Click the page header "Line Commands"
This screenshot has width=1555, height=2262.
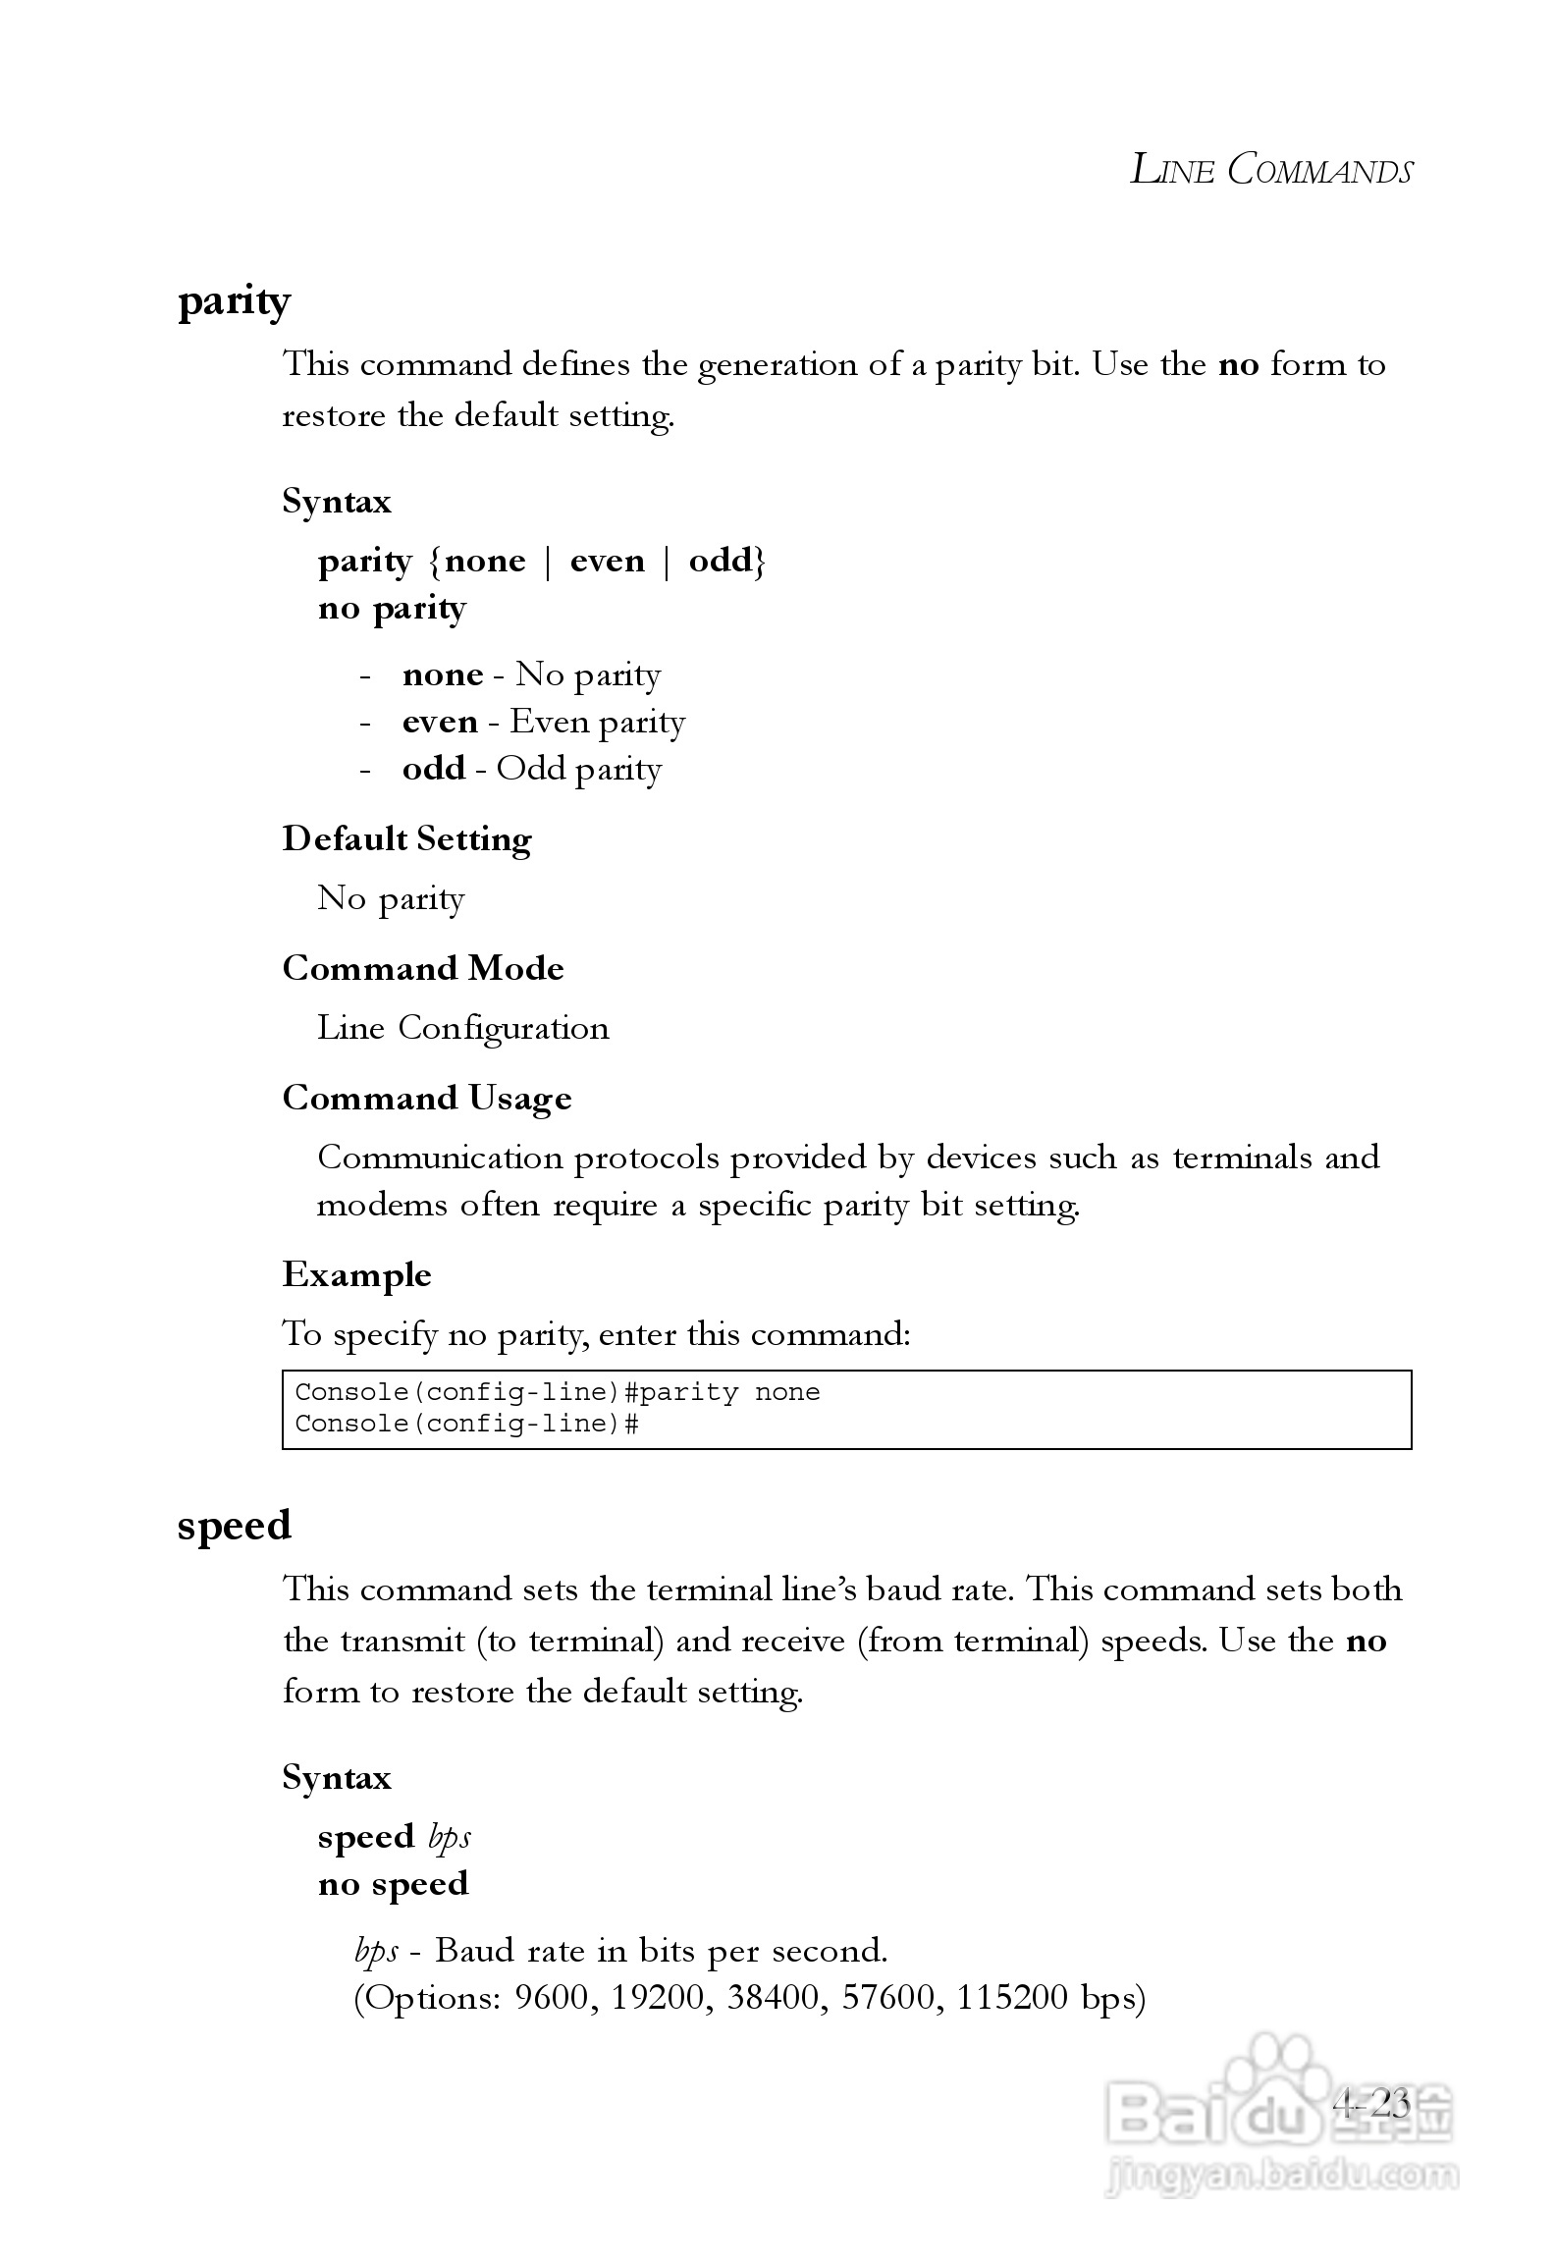click(x=1270, y=170)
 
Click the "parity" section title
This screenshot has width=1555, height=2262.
click(x=234, y=301)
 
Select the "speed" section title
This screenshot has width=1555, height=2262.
click(x=234, y=1526)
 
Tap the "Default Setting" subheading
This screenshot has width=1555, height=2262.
click(x=406, y=839)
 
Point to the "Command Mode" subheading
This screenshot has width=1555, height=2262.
click(x=422, y=969)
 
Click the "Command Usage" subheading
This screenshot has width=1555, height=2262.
click(x=426, y=1099)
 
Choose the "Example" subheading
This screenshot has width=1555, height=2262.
click(x=356, y=1275)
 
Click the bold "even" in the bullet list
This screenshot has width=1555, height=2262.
click(x=440, y=723)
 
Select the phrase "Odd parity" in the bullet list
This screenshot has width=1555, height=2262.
click(x=578, y=769)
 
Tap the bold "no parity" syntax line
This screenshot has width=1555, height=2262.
click(x=392, y=609)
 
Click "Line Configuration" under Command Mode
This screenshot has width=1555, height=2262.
click(x=462, y=1028)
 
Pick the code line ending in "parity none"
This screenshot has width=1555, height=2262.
click(x=557, y=1392)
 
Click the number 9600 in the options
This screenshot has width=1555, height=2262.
click(x=551, y=1998)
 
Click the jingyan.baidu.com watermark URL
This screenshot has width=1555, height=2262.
click(x=1280, y=2175)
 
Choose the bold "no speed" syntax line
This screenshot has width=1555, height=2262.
click(x=393, y=1884)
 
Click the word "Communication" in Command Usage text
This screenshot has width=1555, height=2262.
click(x=440, y=1158)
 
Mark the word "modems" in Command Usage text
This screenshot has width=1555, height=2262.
click(x=381, y=1205)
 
